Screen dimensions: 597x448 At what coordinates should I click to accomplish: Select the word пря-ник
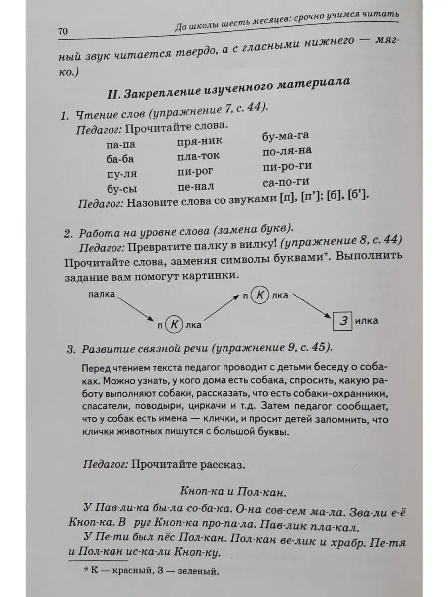coord(199,142)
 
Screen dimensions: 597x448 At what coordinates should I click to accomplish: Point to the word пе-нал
coord(195,187)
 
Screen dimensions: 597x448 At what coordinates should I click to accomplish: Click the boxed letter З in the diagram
coord(342,320)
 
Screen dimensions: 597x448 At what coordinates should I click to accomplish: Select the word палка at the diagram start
coord(102,295)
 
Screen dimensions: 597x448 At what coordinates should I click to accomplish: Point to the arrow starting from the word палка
coord(135,309)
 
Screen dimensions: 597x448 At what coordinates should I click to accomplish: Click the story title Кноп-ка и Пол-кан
coord(232,493)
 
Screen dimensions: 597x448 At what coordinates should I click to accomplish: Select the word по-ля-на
coord(287,151)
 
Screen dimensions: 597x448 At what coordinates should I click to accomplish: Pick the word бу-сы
coord(122,189)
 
